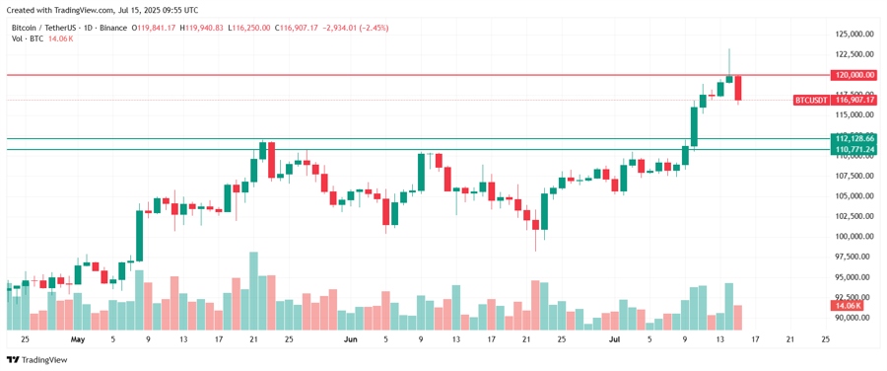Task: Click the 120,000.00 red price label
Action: (853, 75)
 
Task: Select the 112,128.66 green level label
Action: (853, 139)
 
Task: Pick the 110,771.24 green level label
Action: (853, 149)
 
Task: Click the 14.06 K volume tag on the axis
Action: (847, 306)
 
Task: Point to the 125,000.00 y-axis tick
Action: (854, 34)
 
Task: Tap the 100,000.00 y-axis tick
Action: (854, 237)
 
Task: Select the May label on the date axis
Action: (78, 339)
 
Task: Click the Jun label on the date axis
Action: (351, 339)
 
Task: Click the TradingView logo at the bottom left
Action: (36, 360)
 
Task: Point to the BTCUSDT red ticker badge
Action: (812, 101)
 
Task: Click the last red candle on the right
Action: (738, 89)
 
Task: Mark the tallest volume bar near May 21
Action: (253, 290)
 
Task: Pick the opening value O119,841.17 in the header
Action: (155, 28)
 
